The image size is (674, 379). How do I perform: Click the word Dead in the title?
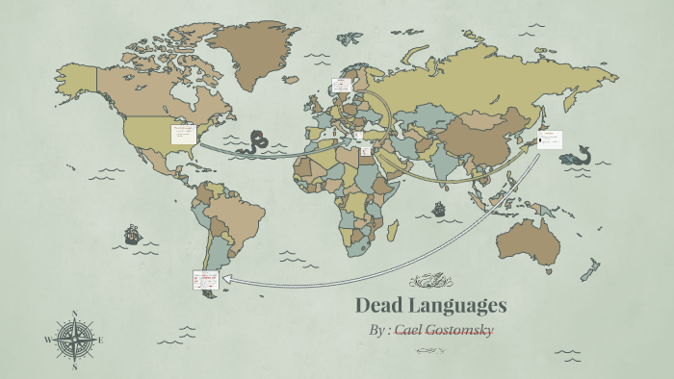(380, 306)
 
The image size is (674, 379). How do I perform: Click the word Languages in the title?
(457, 307)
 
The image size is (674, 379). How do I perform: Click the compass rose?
(74, 340)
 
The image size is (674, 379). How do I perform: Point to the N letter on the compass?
(74, 314)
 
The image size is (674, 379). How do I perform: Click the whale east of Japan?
(578, 154)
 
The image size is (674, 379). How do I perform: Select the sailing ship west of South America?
(132, 234)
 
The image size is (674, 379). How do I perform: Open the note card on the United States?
(184, 134)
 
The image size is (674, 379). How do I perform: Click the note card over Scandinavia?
(342, 87)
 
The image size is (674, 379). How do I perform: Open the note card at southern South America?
(205, 280)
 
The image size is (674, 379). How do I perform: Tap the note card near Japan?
(549, 139)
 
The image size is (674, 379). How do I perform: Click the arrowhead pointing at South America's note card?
(227, 282)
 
